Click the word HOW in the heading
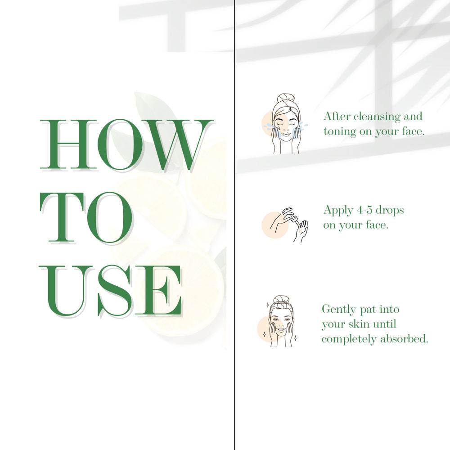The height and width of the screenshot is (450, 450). (126, 144)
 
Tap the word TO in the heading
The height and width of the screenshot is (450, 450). (86, 217)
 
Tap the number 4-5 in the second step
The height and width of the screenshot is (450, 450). (364, 210)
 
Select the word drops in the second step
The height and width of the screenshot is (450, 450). (390, 210)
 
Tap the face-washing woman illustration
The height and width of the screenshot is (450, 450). (285, 123)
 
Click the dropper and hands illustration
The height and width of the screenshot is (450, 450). (285, 225)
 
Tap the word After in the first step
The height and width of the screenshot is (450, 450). (337, 116)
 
